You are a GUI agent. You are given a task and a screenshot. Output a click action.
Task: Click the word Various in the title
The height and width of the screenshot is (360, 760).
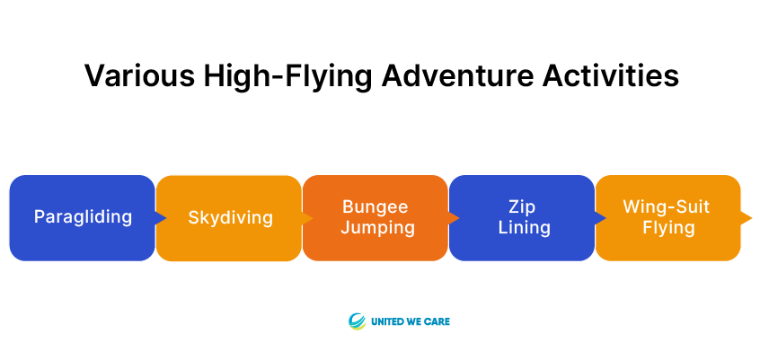pyautogui.click(x=139, y=75)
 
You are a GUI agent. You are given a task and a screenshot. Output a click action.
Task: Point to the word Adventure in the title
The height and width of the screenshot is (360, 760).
pyautogui.click(x=457, y=75)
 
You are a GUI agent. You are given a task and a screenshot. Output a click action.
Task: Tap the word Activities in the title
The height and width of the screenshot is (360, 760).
pyautogui.click(x=610, y=75)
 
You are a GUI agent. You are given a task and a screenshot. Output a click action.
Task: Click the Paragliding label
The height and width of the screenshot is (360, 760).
pyautogui.click(x=83, y=217)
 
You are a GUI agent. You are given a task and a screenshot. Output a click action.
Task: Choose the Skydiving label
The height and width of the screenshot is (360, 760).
pyautogui.click(x=230, y=218)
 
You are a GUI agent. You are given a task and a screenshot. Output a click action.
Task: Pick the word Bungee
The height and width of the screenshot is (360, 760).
pyautogui.click(x=376, y=206)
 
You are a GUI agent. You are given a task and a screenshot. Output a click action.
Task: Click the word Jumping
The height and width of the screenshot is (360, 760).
pyautogui.click(x=377, y=228)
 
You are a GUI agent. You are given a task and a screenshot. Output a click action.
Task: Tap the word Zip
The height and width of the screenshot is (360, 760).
pyautogui.click(x=522, y=206)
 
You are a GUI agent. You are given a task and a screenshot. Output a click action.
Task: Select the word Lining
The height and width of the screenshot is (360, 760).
pyautogui.click(x=525, y=228)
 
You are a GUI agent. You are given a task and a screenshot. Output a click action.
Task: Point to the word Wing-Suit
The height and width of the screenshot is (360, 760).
pyautogui.click(x=666, y=206)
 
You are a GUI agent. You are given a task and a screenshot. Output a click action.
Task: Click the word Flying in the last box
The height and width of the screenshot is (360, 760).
pyautogui.click(x=669, y=228)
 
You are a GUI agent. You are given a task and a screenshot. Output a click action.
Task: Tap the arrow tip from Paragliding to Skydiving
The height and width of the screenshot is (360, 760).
pyautogui.click(x=166, y=218)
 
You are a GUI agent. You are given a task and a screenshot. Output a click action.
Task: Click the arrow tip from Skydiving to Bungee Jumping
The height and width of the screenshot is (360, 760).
pyautogui.click(x=314, y=218)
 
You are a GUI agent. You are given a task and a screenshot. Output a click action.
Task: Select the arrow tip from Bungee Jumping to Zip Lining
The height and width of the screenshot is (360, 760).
pyautogui.click(x=459, y=218)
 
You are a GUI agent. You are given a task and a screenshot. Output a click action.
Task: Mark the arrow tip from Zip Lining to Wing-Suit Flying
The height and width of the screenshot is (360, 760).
pyautogui.click(x=605, y=218)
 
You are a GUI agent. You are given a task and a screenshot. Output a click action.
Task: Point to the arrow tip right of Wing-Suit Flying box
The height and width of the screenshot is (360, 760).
pyautogui.click(x=752, y=218)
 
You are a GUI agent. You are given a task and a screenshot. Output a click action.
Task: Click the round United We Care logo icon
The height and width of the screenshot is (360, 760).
pyautogui.click(x=357, y=321)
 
